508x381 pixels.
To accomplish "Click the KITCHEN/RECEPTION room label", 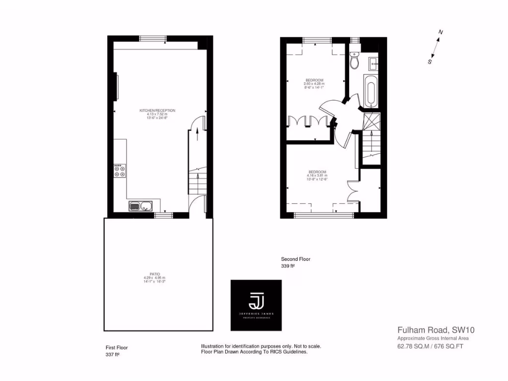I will point(157,110).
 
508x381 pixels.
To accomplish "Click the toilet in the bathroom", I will point(354,61).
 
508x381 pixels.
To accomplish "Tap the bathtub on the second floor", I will point(370,91).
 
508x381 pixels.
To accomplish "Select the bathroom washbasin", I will point(373,62).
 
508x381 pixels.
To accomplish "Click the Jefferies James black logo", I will point(256,305).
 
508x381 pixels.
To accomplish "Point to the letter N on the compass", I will point(440,33).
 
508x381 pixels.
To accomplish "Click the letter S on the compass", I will point(430,62).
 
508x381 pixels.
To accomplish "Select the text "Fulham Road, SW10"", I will point(432,329).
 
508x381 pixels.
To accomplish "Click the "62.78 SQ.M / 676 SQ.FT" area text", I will point(430,346).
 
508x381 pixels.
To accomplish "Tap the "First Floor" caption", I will point(117,347).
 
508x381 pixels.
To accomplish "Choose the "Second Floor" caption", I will point(296,259).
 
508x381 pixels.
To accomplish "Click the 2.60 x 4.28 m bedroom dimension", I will point(315,84).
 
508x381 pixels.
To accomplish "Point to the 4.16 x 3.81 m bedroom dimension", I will point(317,176).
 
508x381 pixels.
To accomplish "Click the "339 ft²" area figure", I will point(288,266).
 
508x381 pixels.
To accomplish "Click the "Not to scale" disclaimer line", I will point(261,346).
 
